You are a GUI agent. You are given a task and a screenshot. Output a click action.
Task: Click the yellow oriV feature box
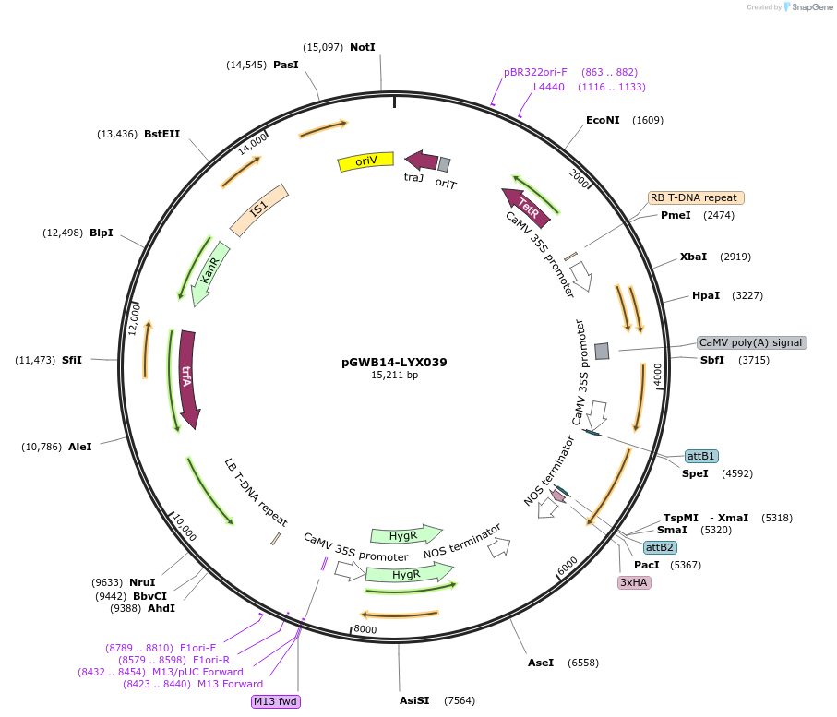[x=366, y=161]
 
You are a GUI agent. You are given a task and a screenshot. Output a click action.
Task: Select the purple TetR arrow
[x=526, y=207]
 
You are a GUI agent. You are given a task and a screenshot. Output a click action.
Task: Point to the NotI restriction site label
[x=363, y=47]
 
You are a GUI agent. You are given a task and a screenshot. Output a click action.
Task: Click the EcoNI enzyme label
[x=604, y=120]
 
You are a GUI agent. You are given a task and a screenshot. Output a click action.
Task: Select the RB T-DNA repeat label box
[x=695, y=197]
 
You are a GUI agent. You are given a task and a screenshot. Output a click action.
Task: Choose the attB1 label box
[x=701, y=456]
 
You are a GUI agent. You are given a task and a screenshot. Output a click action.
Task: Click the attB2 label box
[x=659, y=547]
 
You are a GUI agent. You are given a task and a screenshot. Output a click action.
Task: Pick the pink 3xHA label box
[x=634, y=582]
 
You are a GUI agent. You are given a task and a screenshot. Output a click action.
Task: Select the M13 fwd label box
[x=276, y=701]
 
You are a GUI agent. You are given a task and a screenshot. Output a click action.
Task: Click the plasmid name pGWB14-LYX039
[x=394, y=362]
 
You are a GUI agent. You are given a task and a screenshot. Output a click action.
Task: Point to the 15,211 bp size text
[x=394, y=376]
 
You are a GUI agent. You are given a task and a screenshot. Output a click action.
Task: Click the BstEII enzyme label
[x=161, y=134]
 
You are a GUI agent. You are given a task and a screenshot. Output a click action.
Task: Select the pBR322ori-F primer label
[x=535, y=72]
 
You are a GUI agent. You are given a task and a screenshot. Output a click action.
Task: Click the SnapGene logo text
[x=808, y=7]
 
